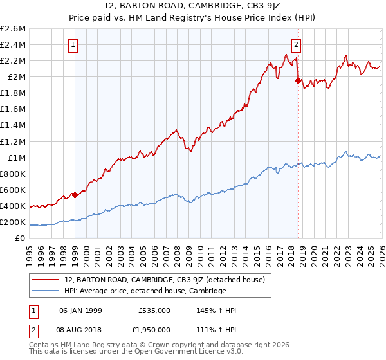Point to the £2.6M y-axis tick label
coord(13,29)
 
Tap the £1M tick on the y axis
coord(16,158)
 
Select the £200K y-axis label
coord(13,222)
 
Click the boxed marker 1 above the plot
coord(74,45)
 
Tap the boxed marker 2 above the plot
coord(296,45)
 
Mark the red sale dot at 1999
coord(75,195)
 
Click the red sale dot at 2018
coord(297,80)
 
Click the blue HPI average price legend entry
coord(145,291)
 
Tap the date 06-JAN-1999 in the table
coord(80,310)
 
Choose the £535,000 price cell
coord(154,310)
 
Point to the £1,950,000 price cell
coord(151,329)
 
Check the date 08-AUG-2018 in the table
coord(80,329)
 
